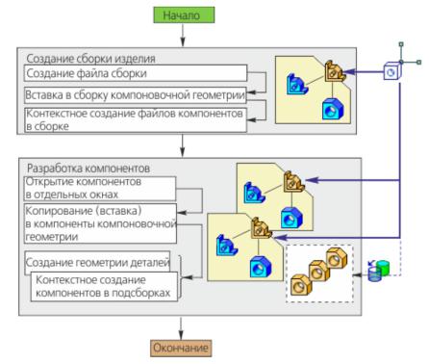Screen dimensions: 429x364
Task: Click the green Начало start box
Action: [x=184, y=15]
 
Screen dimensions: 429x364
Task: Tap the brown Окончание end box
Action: [x=181, y=348]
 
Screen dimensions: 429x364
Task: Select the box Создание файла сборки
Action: [x=136, y=73]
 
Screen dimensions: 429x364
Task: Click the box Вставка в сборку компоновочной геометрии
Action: [x=136, y=95]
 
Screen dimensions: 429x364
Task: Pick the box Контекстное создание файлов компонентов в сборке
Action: [x=136, y=120]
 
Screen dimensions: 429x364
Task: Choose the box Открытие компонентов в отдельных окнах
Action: [x=100, y=189]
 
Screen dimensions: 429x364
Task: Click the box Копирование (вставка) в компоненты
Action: [x=100, y=223]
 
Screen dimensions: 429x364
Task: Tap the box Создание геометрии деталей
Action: [x=97, y=262]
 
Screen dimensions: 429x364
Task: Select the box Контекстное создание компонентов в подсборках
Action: [x=104, y=287]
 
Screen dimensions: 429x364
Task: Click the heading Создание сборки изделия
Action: [x=90, y=59]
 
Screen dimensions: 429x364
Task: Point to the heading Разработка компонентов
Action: [x=88, y=169]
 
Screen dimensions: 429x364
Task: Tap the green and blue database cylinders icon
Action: [x=379, y=271]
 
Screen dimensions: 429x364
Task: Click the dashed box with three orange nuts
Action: [x=319, y=273]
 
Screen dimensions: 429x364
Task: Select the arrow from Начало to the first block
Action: [x=183, y=35]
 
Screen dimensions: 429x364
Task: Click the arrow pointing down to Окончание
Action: [x=181, y=327]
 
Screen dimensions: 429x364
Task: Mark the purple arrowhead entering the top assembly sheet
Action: [x=348, y=71]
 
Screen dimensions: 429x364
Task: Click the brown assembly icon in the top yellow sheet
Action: [x=333, y=71]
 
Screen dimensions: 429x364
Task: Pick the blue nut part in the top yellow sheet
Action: [x=333, y=109]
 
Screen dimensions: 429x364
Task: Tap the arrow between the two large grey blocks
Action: [x=183, y=145]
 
